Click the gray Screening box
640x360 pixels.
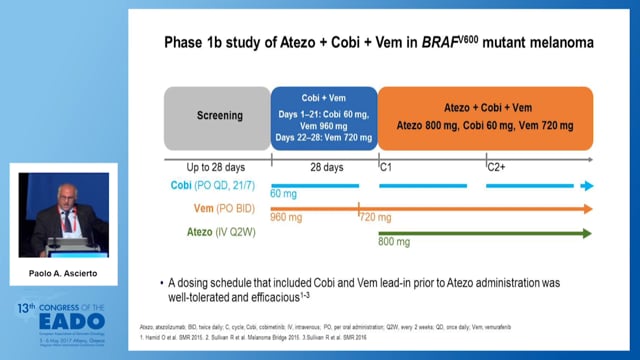click(216, 119)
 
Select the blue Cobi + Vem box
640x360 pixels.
click(324, 119)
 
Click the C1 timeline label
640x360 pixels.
click(385, 169)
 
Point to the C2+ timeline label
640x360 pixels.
click(496, 169)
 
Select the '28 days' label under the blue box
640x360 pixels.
click(324, 169)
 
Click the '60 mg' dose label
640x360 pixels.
click(284, 193)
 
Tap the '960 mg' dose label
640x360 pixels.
click(286, 217)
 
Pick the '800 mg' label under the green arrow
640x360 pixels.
click(394, 241)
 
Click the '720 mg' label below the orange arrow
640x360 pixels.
click(376, 217)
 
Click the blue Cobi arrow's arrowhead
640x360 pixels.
click(588, 185)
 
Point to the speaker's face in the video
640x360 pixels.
click(62, 197)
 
